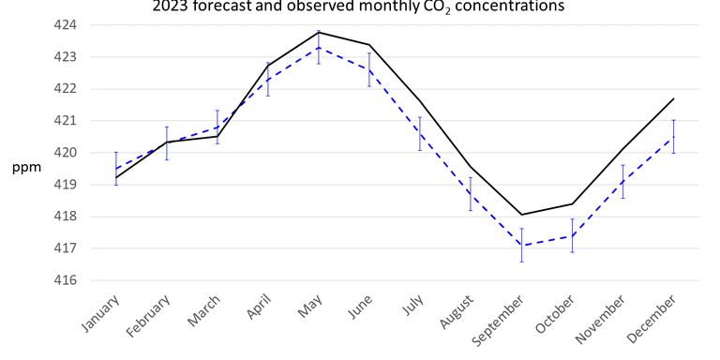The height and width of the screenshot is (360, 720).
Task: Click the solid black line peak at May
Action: tap(319, 32)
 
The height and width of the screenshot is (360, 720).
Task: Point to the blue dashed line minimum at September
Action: tap(521, 246)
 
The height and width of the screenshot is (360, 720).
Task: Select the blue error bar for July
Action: tap(420, 134)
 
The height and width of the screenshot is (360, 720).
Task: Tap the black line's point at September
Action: tap(521, 215)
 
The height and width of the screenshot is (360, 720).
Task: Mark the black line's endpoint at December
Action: tap(673, 98)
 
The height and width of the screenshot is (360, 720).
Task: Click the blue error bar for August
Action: tap(471, 193)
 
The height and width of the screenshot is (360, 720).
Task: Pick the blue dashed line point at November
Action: tap(622, 181)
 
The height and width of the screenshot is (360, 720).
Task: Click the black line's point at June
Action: tap(369, 45)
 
